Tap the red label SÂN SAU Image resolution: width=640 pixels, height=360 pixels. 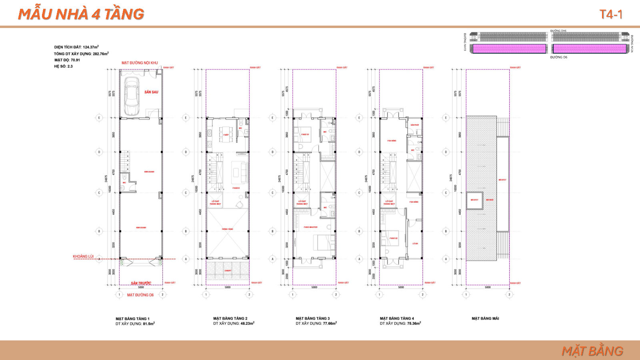pos(151,92)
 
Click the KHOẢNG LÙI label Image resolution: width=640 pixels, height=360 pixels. pos(83,256)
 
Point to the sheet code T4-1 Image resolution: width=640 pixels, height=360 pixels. pos(611,14)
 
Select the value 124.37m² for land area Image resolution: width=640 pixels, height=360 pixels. pos(91,47)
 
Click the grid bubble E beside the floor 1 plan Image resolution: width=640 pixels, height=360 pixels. pos(99,118)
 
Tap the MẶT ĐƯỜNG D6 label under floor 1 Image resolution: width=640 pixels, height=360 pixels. pos(140,295)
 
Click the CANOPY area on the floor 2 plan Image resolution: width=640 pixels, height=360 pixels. pos(228,271)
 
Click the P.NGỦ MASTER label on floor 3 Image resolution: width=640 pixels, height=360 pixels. pos(310,227)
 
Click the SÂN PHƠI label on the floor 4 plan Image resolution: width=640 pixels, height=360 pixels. pos(414,125)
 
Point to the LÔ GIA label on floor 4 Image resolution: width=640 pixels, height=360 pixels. pos(415,243)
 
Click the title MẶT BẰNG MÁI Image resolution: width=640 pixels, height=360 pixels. pos(485,318)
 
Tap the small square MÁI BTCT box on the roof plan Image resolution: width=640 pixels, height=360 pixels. pos(475,200)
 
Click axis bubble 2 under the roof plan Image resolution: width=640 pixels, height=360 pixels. pos(509,295)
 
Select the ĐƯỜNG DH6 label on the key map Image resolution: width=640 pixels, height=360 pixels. pos(558,31)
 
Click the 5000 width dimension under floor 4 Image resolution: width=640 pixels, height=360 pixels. pos(401,287)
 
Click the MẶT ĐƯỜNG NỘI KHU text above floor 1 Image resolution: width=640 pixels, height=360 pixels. pos(140,63)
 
